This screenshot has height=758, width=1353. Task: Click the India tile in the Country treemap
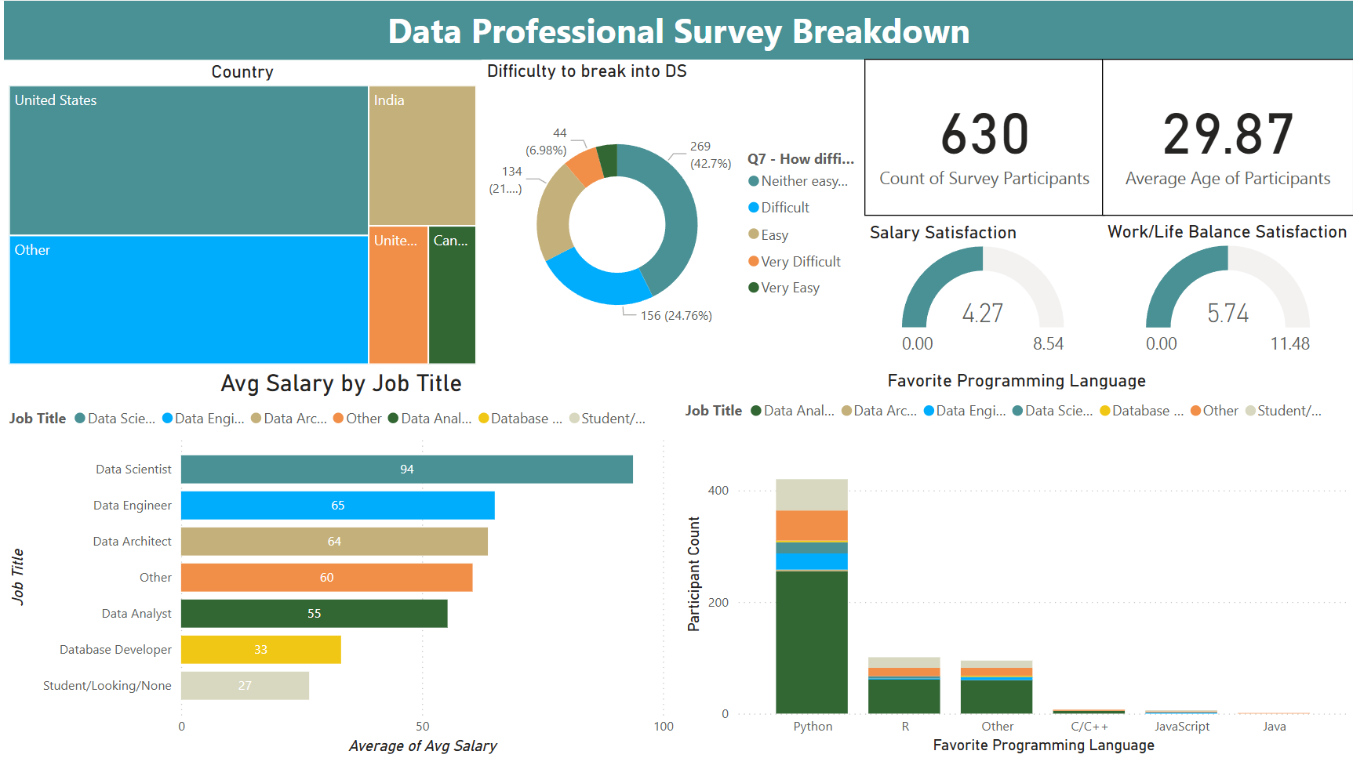(422, 155)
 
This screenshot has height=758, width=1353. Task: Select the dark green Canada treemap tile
(452, 295)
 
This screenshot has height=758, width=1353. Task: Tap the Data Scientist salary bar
(406, 469)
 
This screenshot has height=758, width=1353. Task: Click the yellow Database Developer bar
(260, 649)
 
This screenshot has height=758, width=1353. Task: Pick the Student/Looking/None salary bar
(245, 685)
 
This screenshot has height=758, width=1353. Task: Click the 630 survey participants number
(984, 134)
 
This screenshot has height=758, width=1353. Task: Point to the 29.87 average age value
(1228, 134)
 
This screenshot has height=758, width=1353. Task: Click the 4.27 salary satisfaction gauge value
(982, 314)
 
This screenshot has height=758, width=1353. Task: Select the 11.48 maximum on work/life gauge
(1289, 343)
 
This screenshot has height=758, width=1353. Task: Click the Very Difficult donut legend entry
(800, 261)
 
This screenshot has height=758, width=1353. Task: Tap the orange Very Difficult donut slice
(584, 165)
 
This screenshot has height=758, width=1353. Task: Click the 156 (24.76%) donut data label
(676, 315)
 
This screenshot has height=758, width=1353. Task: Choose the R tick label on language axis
(905, 726)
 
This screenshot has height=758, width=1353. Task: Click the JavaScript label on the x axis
(1181, 726)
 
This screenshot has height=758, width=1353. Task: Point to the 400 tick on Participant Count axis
(718, 491)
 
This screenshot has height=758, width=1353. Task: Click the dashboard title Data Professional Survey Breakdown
(678, 31)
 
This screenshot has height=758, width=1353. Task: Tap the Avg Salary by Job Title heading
(341, 383)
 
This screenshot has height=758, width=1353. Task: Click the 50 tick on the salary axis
(422, 726)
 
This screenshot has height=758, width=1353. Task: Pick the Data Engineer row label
(132, 505)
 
